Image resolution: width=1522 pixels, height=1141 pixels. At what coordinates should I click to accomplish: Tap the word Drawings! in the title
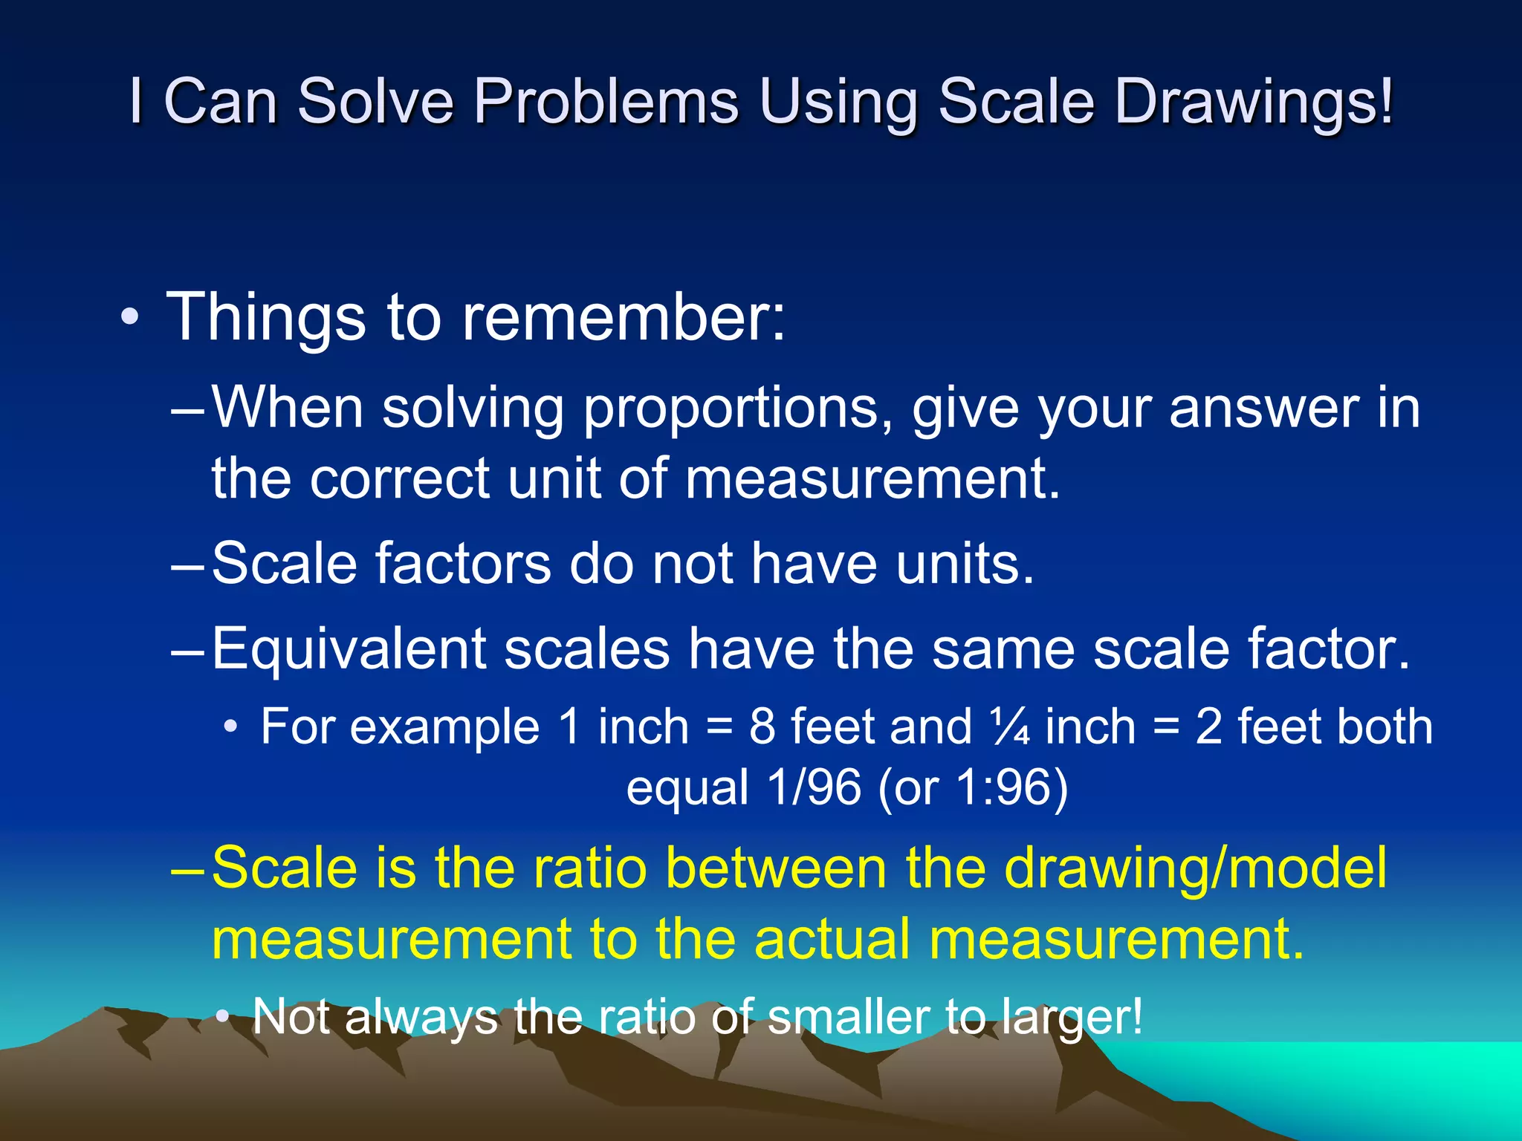(1254, 102)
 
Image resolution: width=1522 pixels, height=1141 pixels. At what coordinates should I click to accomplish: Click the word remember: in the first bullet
(623, 317)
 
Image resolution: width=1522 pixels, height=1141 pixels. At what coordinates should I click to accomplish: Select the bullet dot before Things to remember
(130, 318)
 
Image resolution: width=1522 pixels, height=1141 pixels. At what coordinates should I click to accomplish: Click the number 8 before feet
(762, 726)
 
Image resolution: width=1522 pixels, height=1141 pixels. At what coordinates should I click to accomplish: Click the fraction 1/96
(815, 787)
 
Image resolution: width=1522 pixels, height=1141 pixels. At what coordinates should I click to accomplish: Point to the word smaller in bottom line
(848, 1016)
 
